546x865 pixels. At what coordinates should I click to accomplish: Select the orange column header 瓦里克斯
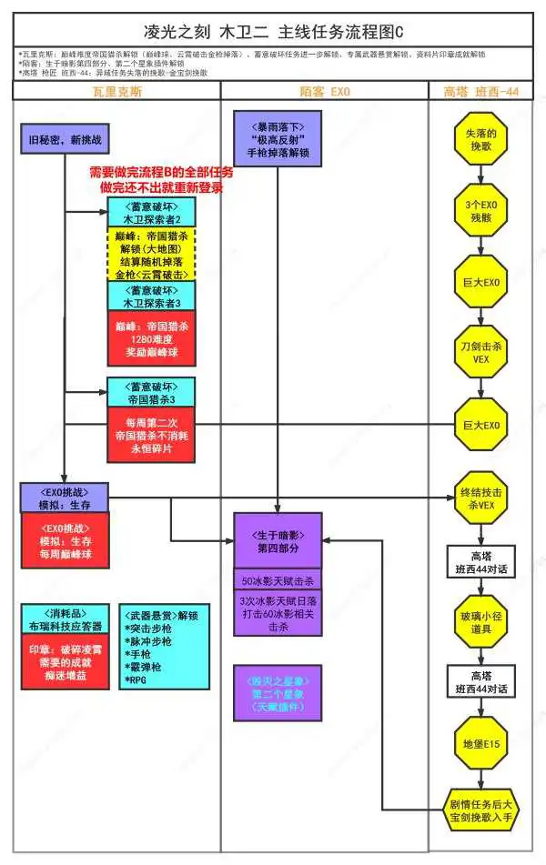116,91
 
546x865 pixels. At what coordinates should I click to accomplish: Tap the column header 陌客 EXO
325,91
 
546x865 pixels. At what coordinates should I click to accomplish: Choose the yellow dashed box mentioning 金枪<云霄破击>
150,253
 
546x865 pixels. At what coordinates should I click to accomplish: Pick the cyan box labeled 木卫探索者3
150,296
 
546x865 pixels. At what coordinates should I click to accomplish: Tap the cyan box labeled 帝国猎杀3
150,392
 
